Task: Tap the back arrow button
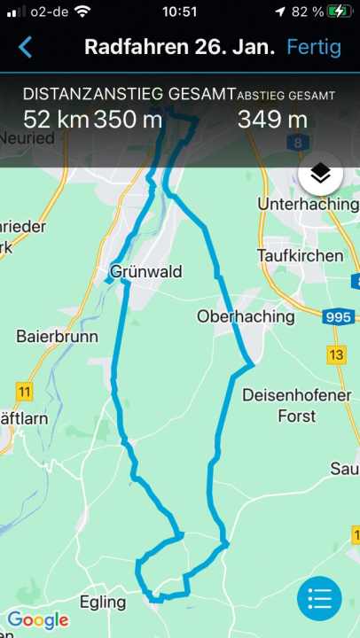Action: tap(25, 47)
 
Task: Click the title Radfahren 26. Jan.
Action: tap(180, 47)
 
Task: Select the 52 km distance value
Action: tap(55, 119)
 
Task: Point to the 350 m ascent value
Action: tap(128, 119)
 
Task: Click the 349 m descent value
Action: tap(272, 119)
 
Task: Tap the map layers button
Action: tap(320, 174)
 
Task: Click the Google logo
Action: tap(38, 620)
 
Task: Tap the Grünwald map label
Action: tap(146, 271)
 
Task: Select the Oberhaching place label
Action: tap(246, 316)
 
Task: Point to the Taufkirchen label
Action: tap(300, 255)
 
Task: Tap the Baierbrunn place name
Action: tap(57, 337)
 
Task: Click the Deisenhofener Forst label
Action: tap(296, 405)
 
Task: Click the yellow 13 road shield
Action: tap(336, 355)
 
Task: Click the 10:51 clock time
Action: tap(180, 12)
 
